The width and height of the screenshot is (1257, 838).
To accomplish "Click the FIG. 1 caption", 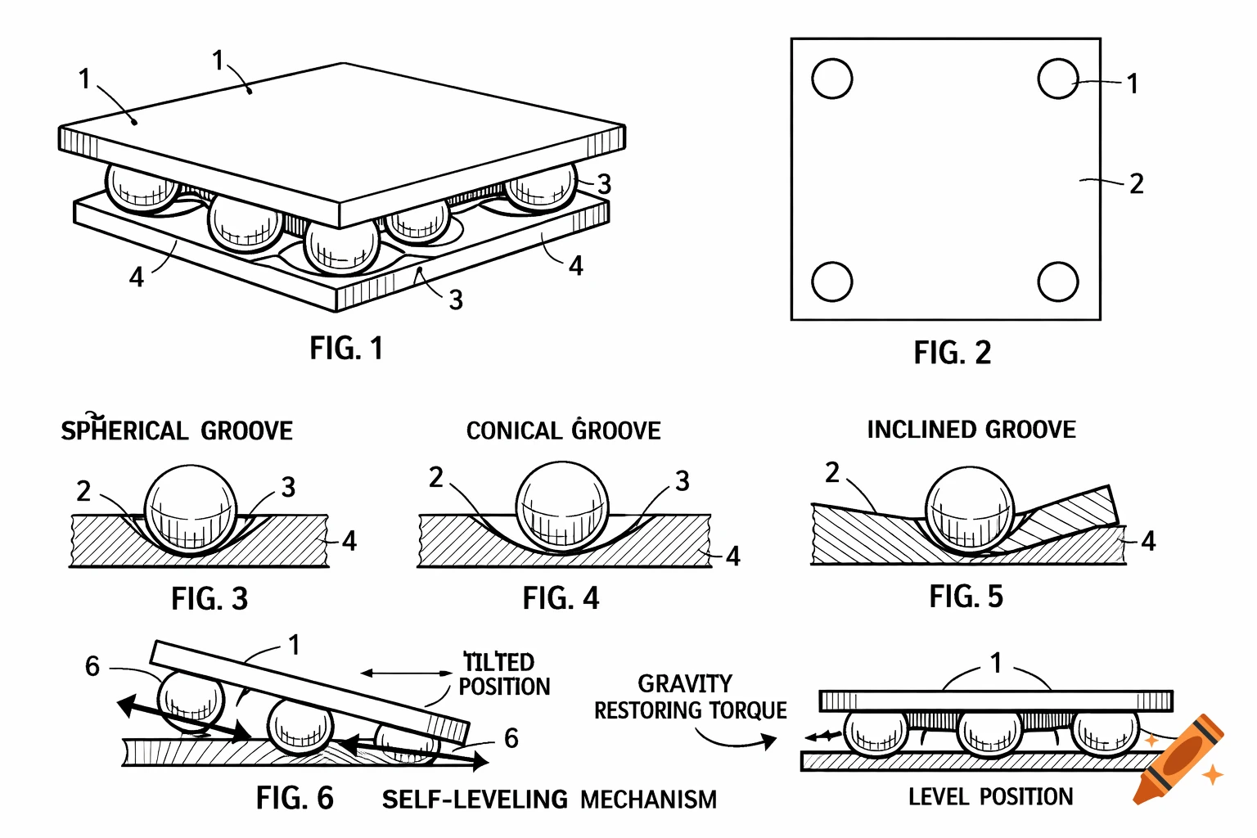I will click(345, 349).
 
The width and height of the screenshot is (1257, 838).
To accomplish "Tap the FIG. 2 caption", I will click(952, 354).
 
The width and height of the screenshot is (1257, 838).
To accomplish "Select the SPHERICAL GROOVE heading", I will click(177, 430).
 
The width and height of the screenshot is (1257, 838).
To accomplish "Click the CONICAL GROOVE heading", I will click(563, 430).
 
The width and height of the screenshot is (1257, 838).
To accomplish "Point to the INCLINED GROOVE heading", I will click(971, 430).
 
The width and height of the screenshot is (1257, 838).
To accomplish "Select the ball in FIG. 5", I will click(970, 509).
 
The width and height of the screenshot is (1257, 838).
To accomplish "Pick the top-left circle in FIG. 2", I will click(832, 79).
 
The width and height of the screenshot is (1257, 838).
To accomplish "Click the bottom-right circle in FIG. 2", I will click(1057, 282).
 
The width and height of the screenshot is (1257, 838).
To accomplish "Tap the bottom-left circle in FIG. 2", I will click(832, 282).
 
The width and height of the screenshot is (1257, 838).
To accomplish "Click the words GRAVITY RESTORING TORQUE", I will click(690, 697).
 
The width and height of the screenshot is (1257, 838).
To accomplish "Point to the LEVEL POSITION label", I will click(990, 797).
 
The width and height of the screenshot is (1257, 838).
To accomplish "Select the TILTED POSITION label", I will click(502, 674).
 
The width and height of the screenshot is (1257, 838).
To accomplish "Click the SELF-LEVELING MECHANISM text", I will click(549, 800).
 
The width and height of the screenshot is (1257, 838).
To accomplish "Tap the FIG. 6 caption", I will click(295, 798).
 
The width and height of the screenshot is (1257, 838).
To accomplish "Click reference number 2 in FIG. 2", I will click(1136, 184).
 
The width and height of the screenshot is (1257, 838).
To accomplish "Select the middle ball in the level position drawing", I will click(990, 731).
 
